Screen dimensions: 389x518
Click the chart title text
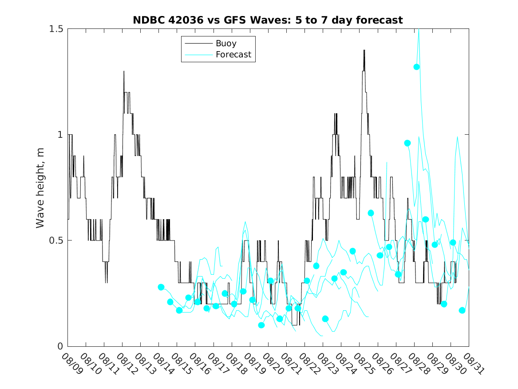tap(268, 20)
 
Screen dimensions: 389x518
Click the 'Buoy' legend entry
tap(226, 44)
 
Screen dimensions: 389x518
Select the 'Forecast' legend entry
tap(233, 55)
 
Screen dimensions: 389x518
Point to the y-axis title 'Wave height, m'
tap(40, 187)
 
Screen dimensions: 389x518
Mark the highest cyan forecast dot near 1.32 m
tap(417, 67)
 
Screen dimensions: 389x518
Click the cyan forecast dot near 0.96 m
tap(407, 143)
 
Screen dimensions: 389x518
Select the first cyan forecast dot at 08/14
tap(161, 287)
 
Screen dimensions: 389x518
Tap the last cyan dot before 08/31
tap(462, 310)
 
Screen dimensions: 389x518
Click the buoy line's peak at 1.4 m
tap(364, 50)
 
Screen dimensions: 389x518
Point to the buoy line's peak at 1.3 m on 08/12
tap(124, 72)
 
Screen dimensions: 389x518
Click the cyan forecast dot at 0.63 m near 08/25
tap(371, 213)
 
